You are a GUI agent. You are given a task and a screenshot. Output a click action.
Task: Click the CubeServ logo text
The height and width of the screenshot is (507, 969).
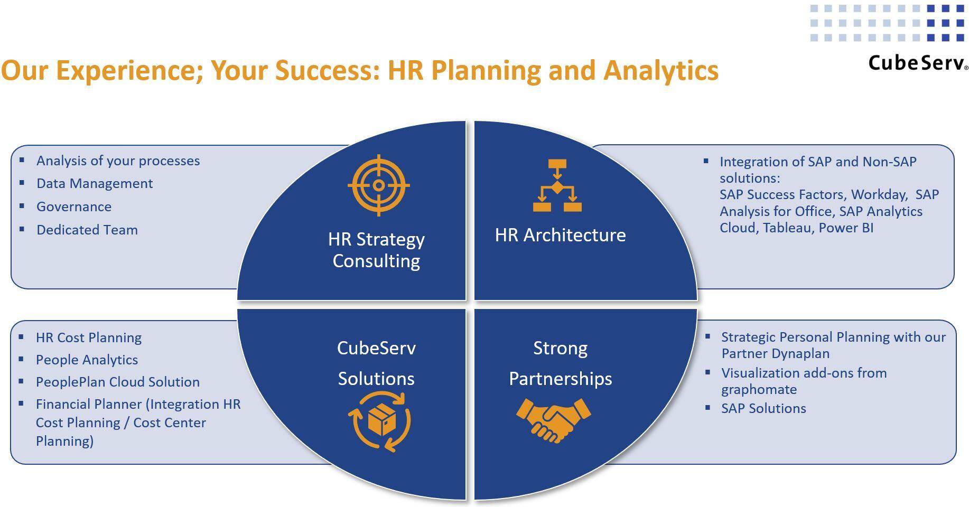918,63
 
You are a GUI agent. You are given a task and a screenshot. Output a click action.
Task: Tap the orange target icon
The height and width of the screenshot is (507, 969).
378,185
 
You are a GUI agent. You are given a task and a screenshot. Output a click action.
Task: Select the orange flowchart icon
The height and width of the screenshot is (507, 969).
557,185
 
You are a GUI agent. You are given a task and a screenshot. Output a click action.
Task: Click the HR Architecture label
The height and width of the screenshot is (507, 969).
560,235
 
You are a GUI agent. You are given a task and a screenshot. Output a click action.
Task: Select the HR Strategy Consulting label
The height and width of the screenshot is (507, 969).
376,250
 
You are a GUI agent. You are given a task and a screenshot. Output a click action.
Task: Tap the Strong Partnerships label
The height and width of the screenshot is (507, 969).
560,363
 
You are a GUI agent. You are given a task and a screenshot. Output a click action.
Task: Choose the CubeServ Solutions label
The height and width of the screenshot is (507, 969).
376,363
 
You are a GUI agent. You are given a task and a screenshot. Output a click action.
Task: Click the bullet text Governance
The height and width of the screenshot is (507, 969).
74,206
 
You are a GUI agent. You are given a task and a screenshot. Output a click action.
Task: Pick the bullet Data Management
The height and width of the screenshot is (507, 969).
95,183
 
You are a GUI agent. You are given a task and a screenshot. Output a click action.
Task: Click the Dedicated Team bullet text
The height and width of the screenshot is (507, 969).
87,230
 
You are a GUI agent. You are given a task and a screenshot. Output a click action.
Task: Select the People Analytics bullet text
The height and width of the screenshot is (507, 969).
87,360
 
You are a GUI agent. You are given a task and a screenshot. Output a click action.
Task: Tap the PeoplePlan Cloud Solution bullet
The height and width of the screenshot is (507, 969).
118,382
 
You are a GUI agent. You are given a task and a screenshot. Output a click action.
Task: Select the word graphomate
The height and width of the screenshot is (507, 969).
759,390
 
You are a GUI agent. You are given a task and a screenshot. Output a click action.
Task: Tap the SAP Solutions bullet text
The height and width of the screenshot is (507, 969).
763,408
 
